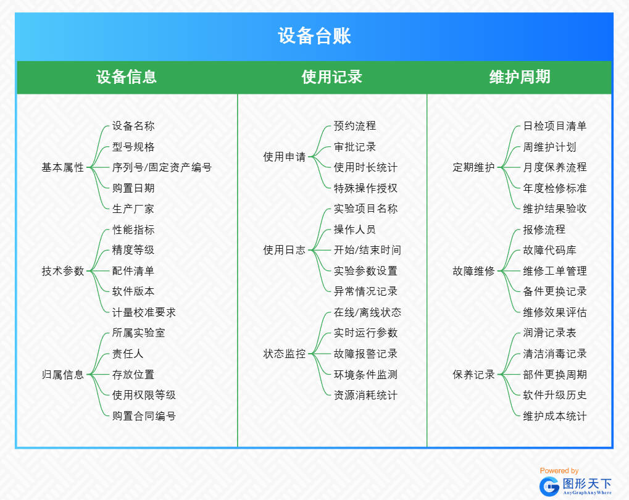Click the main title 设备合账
coord(314,36)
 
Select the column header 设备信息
coord(127,77)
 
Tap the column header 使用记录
coord(331,77)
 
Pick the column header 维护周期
coord(519,77)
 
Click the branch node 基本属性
coord(62,167)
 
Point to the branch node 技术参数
coord(62,271)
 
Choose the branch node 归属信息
coord(62,375)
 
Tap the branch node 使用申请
coord(284,157)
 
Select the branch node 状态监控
coord(284,354)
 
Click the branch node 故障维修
coord(473,271)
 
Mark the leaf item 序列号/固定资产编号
coord(162,167)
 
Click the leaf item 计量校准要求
coord(144,312)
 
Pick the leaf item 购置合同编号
coord(144,416)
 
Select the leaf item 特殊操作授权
coord(365,188)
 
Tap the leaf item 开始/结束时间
coord(367,250)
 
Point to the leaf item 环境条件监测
coord(365,375)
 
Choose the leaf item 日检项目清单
coord(555,126)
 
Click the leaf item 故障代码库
coord(550,250)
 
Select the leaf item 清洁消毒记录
coord(555,354)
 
